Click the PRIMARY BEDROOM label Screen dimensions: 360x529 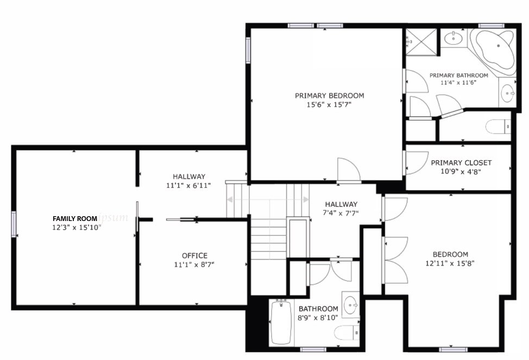329,96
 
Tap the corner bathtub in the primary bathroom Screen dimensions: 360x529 493,51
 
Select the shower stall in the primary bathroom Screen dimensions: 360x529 421,41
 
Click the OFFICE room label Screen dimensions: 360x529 194,256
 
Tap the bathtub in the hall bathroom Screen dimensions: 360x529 281,322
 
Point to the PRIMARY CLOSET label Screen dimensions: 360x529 461,162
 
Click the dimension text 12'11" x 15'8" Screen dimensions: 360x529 450,263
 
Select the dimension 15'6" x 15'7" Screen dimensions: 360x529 329,105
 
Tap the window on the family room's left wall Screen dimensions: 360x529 14,224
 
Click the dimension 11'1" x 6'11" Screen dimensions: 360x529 188,185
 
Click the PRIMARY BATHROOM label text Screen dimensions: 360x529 458,75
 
